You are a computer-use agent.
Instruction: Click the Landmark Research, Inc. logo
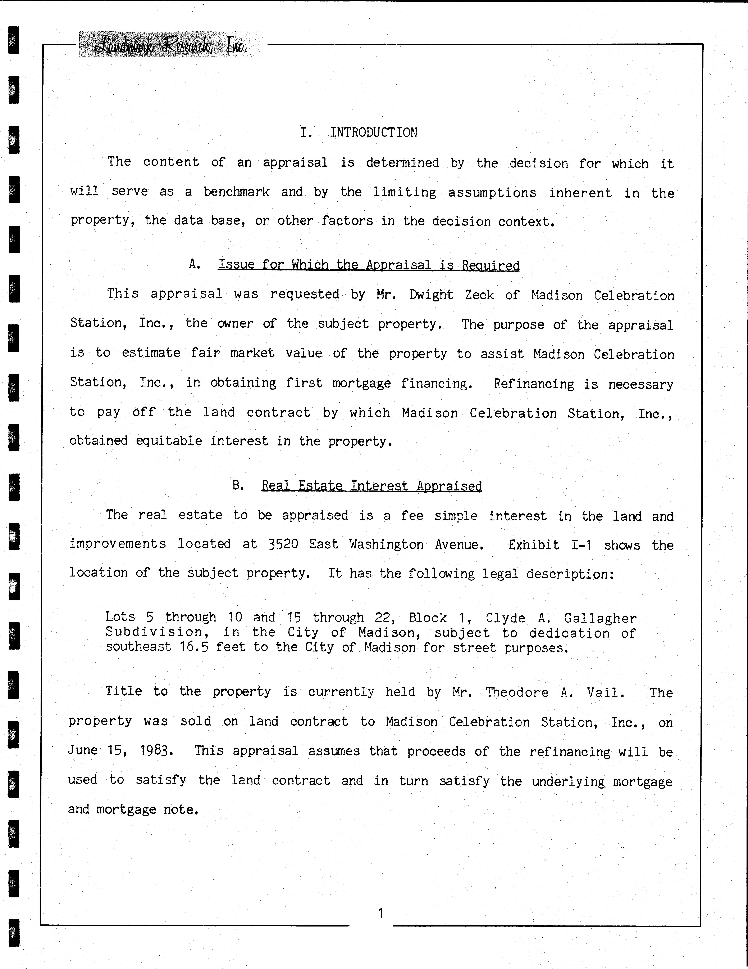click(171, 45)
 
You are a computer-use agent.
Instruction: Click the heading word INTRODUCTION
click(373, 133)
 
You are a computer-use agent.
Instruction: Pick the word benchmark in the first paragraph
click(236, 192)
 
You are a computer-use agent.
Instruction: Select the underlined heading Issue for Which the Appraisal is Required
click(369, 265)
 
